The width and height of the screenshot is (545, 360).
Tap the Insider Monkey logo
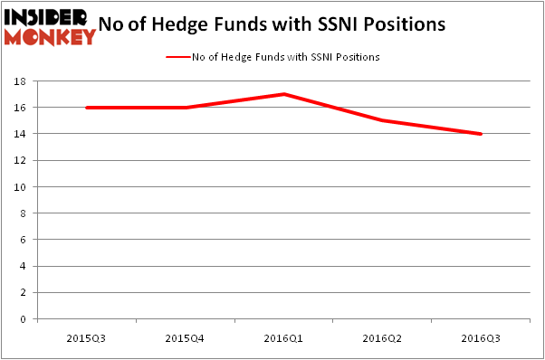49,27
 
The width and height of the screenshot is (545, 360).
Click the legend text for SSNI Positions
285,57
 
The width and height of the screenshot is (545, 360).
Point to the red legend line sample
177,57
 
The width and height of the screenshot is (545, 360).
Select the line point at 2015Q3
87,108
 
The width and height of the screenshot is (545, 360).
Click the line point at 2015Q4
186,108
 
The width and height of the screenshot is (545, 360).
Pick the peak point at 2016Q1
284,94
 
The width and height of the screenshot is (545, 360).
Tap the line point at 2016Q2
383,120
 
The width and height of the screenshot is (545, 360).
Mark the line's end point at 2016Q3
481,134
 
